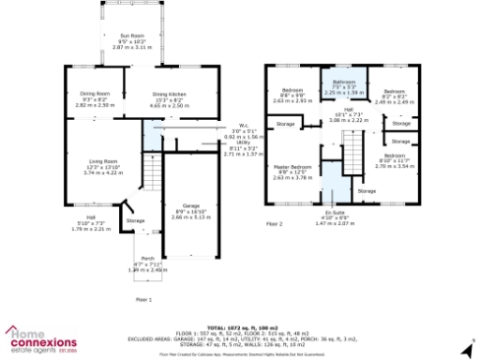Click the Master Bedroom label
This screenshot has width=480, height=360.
(x=294, y=167)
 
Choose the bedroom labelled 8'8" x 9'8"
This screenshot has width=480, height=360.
(x=294, y=91)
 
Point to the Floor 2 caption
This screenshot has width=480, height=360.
(x=274, y=225)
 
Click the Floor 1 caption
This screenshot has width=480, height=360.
(x=142, y=298)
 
